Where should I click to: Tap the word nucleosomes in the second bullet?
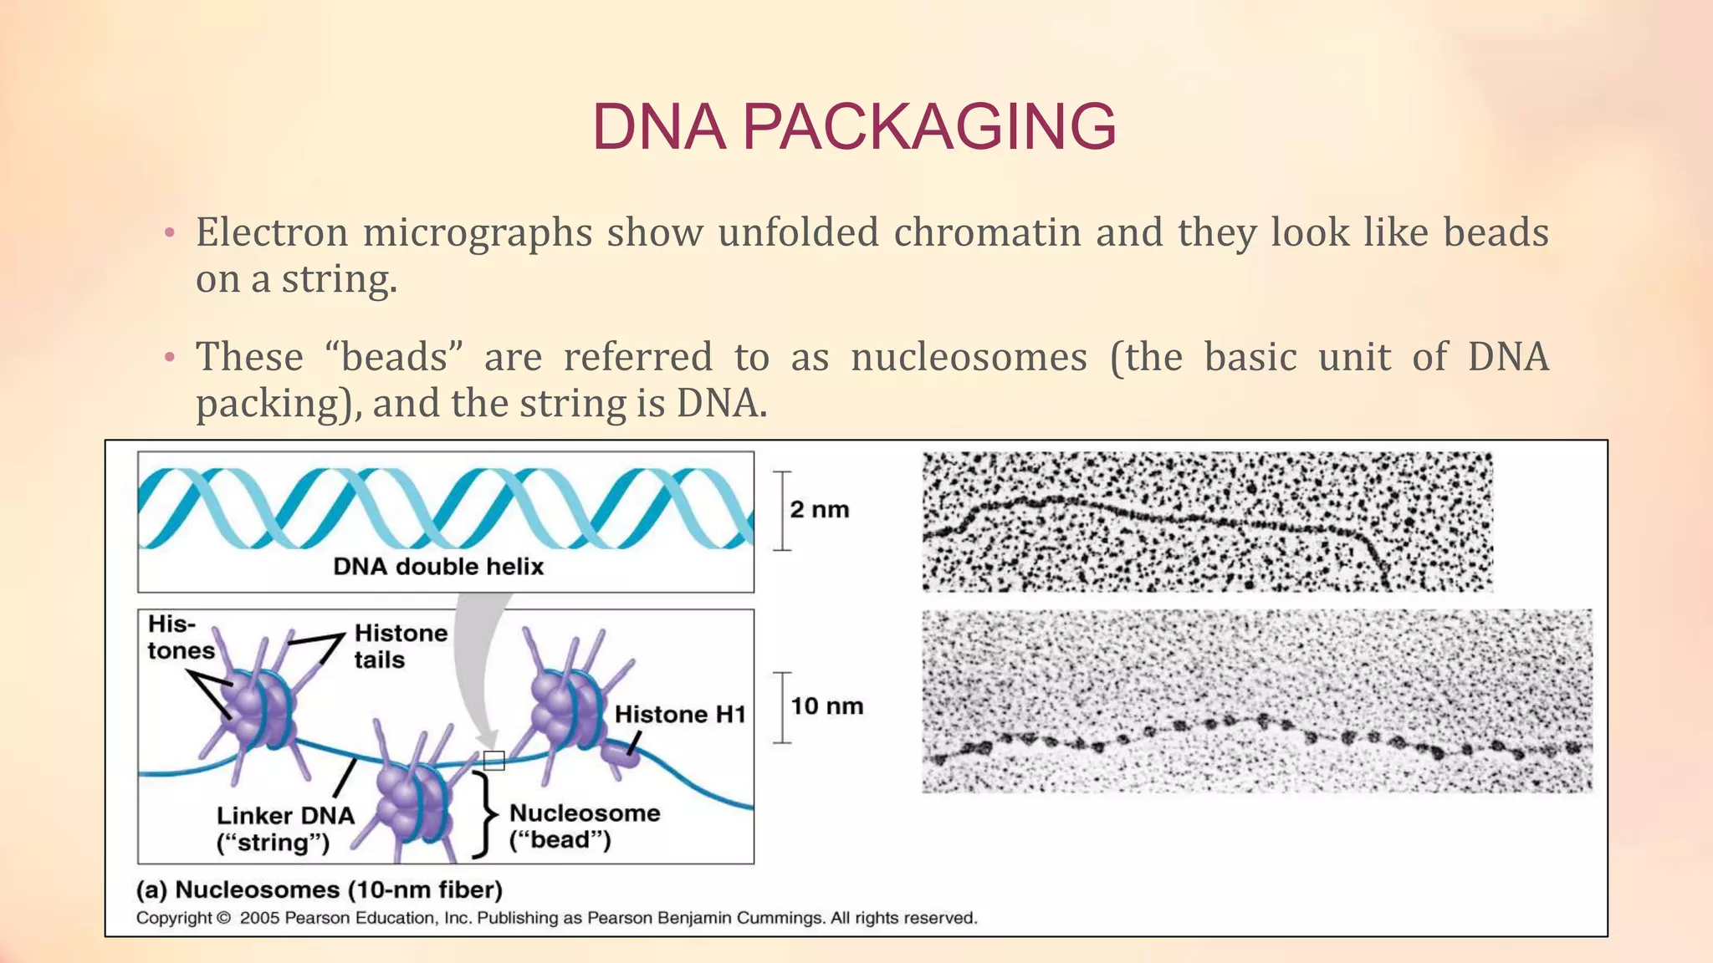tap(969, 358)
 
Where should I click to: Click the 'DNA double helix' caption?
tap(438, 567)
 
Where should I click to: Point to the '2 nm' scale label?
tap(819, 509)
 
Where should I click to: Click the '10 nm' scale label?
tap(826, 706)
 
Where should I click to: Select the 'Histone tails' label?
tap(400, 646)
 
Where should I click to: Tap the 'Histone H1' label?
tap(679, 715)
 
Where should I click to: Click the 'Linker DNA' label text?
tap(285, 815)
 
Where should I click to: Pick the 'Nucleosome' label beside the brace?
tap(585, 813)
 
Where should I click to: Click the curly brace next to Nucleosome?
tap(482, 814)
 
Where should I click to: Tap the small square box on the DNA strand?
tap(494, 760)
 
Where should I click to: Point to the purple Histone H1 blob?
tap(621, 756)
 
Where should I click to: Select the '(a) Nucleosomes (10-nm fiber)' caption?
tap(319, 889)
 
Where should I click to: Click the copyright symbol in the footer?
tap(223, 918)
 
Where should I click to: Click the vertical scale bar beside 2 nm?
tap(781, 511)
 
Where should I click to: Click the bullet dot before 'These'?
tap(170, 359)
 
